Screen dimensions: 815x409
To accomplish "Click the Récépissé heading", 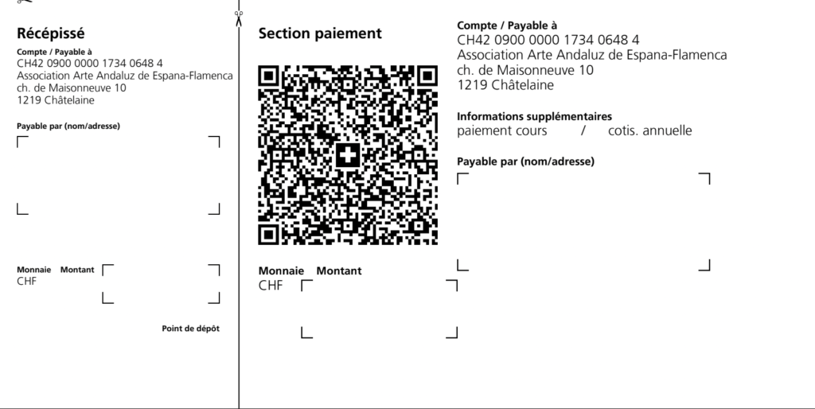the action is [x=50, y=33].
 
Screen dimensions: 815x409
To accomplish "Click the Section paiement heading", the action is [x=320, y=33].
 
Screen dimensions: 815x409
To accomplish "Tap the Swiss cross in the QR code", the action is [x=348, y=155].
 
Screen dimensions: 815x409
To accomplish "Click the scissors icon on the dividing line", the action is [x=239, y=19].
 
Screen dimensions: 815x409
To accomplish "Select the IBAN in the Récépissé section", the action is [x=89, y=64].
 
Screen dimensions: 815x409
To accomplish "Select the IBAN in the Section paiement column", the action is [x=548, y=40].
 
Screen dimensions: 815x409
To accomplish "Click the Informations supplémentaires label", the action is [x=534, y=116].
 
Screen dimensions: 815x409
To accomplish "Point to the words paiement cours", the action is [x=502, y=131].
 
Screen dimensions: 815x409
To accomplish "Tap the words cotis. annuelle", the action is [x=649, y=131].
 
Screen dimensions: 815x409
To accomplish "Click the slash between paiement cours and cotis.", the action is [x=583, y=131].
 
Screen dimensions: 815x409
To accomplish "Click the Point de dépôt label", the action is [x=191, y=329].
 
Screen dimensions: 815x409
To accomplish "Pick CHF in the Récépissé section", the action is [x=26, y=281].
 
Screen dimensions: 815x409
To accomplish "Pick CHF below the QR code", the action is [x=271, y=286].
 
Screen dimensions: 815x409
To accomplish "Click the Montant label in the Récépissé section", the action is [x=77, y=270].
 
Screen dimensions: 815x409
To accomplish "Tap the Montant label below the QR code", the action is [x=339, y=271].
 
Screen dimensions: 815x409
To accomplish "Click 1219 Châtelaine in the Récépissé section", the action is [x=56, y=100].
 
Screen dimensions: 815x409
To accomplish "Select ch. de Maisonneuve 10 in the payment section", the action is [x=525, y=70].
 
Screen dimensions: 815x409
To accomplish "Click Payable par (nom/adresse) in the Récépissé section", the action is [x=68, y=127].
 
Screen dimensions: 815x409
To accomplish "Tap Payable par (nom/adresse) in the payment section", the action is [x=525, y=162].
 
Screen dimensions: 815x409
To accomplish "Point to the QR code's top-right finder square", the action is [x=427, y=76].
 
